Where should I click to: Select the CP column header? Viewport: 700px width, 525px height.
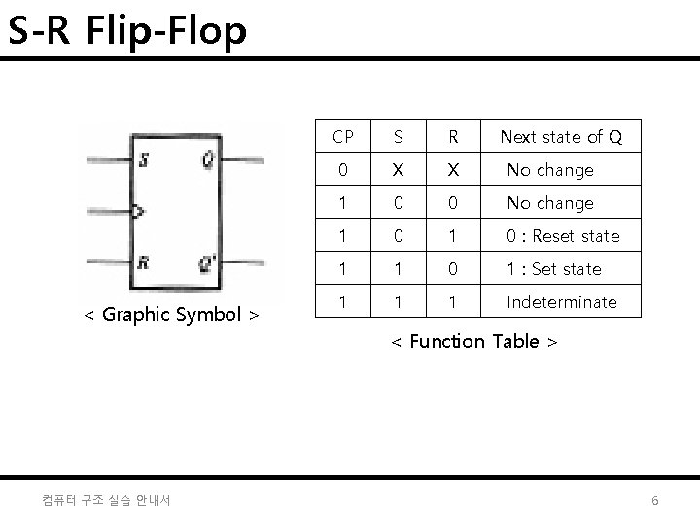pyautogui.click(x=343, y=137)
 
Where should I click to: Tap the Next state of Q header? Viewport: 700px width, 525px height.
pyautogui.click(x=561, y=137)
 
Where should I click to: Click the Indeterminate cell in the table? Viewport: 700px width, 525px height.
pyautogui.click(x=562, y=302)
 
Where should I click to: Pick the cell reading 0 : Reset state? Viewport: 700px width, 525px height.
pyautogui.click(x=563, y=236)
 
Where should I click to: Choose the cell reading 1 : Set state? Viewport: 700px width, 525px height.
pyautogui.click(x=554, y=269)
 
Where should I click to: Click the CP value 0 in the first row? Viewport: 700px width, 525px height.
pyautogui.click(x=343, y=170)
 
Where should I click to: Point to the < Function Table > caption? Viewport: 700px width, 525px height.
pyautogui.click(x=474, y=341)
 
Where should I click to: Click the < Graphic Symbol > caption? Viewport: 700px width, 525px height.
pyautogui.click(x=171, y=314)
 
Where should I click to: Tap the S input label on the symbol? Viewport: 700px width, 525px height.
pyautogui.click(x=143, y=161)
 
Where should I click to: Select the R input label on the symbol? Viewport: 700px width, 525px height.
pyautogui.click(x=143, y=262)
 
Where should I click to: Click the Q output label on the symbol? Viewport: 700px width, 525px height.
pyautogui.click(x=208, y=160)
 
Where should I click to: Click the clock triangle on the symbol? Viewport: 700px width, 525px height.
pyautogui.click(x=138, y=210)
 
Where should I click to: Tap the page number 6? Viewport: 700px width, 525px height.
pyautogui.click(x=655, y=500)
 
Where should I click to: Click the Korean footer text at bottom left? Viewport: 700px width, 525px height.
pyautogui.click(x=107, y=500)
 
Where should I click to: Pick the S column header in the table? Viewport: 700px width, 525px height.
pyautogui.click(x=397, y=137)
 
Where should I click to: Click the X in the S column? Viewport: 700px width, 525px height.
pyautogui.click(x=397, y=170)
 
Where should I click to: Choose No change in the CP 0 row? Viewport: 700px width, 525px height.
pyautogui.click(x=550, y=170)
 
